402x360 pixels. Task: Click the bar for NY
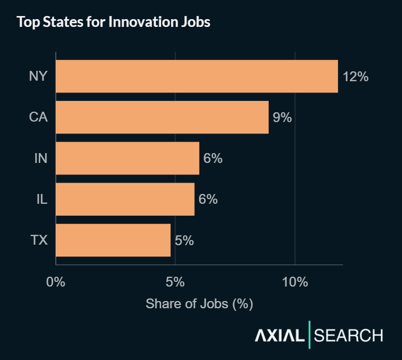196,76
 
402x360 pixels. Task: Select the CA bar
162,117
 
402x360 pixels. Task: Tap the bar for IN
127,158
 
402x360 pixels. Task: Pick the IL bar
125,199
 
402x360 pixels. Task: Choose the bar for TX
113,240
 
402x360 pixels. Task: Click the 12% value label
355,77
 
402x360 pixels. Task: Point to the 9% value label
282,117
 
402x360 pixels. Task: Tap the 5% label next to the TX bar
184,240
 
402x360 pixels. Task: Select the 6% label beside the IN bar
212,158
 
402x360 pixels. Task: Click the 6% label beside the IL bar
208,199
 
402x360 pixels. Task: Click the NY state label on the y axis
38,77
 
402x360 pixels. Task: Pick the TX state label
38,240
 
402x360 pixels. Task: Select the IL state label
41,199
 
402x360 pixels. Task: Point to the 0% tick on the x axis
56,282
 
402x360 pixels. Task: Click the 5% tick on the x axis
175,282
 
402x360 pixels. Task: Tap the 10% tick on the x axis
295,282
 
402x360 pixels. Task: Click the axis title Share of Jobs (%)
199,304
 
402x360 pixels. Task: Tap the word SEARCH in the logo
348,335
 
